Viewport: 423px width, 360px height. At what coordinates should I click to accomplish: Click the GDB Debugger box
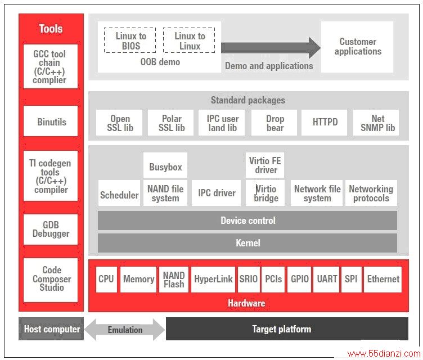(x=51, y=229)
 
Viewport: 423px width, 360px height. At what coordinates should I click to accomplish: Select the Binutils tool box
(x=51, y=121)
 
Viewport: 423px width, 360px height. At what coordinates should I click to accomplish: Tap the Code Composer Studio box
(x=51, y=280)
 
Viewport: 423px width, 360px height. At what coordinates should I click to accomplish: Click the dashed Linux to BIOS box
(x=130, y=40)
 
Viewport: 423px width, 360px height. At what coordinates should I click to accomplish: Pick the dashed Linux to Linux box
(x=189, y=40)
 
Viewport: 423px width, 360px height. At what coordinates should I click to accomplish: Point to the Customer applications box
(x=357, y=47)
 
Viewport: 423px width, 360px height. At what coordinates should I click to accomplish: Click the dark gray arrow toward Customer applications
(x=271, y=48)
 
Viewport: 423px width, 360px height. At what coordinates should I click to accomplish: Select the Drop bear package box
(x=274, y=123)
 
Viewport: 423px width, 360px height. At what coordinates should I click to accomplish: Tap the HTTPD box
(x=324, y=123)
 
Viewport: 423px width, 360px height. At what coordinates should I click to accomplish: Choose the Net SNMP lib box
(x=376, y=123)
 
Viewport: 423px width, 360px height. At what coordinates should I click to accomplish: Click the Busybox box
(x=165, y=165)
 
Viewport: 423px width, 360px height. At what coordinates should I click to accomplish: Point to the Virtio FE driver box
(x=265, y=165)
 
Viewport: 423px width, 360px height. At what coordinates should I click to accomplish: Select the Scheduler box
(x=119, y=193)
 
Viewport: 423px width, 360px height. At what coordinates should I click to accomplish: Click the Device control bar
(x=247, y=220)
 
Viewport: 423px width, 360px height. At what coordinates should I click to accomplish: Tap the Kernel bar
(x=247, y=243)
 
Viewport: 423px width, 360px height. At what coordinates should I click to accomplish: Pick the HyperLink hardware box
(x=213, y=280)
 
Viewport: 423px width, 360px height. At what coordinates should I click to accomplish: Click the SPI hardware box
(x=351, y=280)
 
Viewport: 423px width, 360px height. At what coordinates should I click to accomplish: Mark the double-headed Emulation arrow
(x=125, y=329)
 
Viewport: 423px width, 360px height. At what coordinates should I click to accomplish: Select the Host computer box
(x=51, y=328)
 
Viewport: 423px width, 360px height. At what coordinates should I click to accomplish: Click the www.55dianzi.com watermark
(x=384, y=353)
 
